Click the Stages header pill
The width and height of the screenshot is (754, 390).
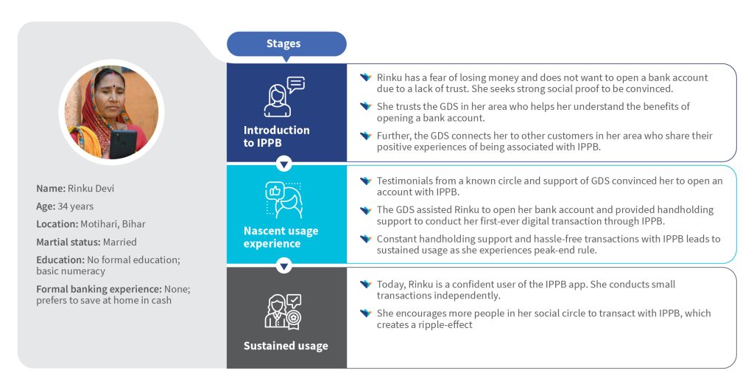(x=286, y=44)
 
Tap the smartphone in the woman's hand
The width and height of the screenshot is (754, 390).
(x=123, y=144)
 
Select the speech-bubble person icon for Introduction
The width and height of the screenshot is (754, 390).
(x=284, y=97)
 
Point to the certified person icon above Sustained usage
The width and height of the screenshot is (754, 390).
(x=283, y=312)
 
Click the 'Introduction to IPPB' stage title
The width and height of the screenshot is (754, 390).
(x=277, y=136)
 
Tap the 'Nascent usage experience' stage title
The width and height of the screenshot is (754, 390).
(x=281, y=237)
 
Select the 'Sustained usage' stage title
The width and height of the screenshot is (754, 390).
(x=286, y=346)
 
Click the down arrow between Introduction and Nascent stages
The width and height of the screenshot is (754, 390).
(x=283, y=164)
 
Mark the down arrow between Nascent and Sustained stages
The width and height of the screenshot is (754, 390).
(x=283, y=266)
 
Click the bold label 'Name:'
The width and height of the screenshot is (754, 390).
(x=51, y=188)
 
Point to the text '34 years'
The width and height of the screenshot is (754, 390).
(x=76, y=206)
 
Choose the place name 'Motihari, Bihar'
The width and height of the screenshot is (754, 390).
(x=113, y=224)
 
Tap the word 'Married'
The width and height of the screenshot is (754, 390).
(x=120, y=243)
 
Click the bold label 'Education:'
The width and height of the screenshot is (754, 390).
(x=60, y=260)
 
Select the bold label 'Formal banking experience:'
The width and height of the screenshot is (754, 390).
(x=99, y=289)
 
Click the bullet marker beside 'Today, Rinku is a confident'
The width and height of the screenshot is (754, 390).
(x=366, y=284)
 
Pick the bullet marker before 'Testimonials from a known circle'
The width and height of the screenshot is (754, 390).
(x=366, y=181)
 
